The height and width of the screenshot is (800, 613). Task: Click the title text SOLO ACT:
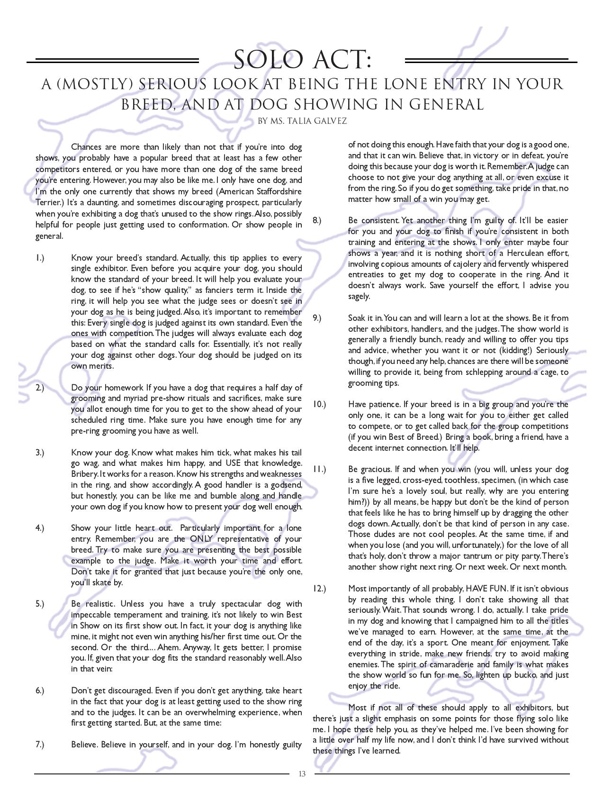tap(302, 60)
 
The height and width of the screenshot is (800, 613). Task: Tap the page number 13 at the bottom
tap(302, 774)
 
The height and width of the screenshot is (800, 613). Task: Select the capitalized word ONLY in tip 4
tap(203, 539)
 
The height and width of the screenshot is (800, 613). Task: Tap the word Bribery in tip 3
tap(84, 474)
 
